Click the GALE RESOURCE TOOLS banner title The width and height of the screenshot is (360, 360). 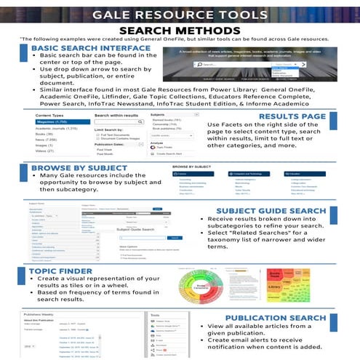(180, 15)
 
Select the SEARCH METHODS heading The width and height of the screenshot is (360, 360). (180, 30)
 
